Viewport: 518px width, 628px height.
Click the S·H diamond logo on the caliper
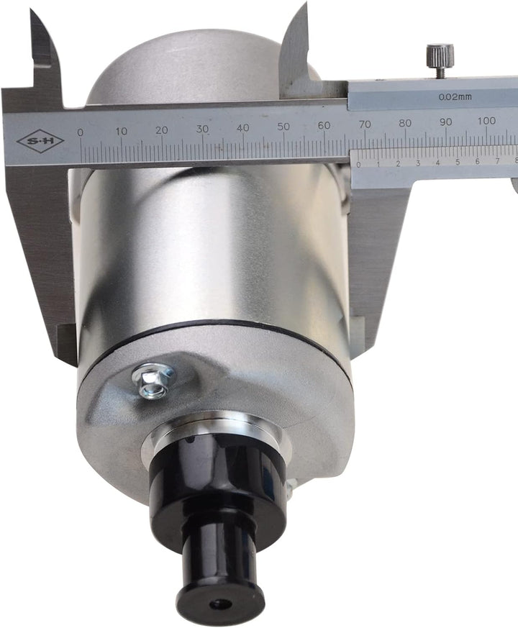click(x=40, y=141)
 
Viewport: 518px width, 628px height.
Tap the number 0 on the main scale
click(x=80, y=132)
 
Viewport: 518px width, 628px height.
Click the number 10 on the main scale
click(x=122, y=131)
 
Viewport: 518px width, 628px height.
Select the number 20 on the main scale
click(x=162, y=129)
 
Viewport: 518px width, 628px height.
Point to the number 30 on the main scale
click(x=202, y=129)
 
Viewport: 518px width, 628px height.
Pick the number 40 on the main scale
click(x=242, y=127)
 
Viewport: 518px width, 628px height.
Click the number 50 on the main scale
click(x=283, y=126)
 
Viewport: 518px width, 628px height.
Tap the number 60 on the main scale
click(x=324, y=125)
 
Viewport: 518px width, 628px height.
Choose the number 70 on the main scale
click(x=365, y=124)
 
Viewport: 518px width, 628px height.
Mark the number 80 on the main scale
click(x=405, y=122)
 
